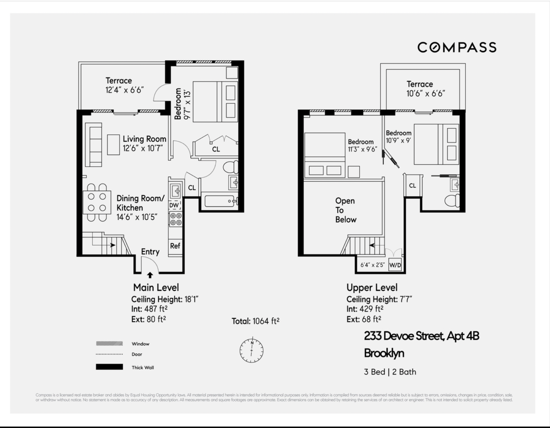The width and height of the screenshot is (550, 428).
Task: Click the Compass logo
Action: tap(457, 47)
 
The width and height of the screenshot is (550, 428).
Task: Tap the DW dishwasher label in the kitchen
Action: tap(174, 205)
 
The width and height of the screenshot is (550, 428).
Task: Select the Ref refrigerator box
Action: tap(175, 246)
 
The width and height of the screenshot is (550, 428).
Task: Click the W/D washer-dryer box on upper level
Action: tap(395, 265)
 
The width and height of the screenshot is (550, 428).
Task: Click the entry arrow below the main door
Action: tap(150, 275)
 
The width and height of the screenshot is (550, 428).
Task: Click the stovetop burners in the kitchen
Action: tap(176, 219)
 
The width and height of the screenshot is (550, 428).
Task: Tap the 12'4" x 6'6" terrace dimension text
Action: tap(124, 90)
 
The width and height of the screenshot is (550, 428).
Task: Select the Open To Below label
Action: tap(345, 210)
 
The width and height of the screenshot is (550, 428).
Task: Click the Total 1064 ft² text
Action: tap(255, 321)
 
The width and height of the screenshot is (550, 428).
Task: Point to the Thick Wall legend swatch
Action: tap(109, 367)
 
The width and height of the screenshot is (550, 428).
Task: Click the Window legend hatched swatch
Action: tap(109, 344)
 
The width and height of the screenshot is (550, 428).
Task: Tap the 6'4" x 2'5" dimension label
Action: tap(372, 265)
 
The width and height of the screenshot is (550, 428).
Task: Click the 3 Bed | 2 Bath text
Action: tap(390, 372)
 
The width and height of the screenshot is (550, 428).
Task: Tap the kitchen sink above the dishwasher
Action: tap(175, 191)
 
